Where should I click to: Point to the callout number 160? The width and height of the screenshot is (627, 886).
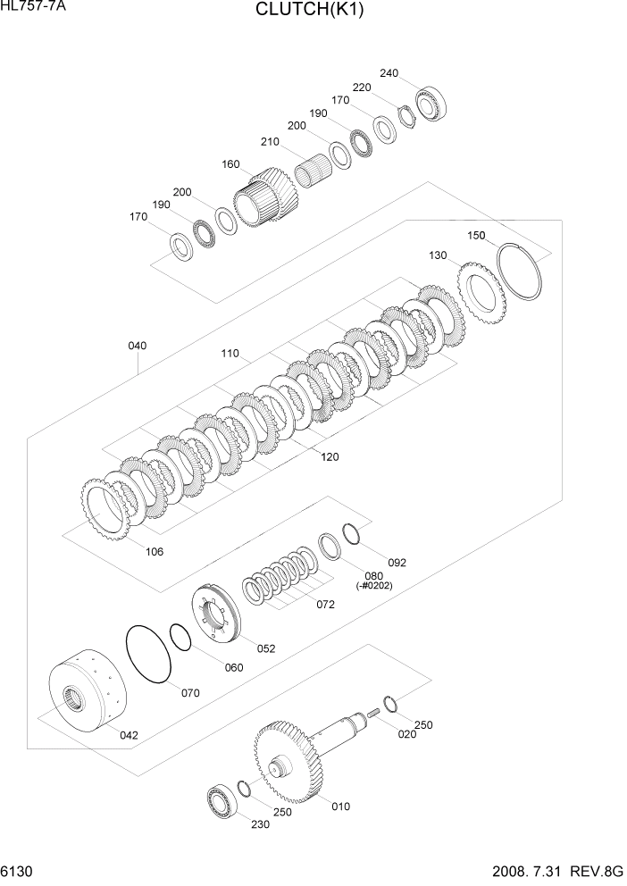231,164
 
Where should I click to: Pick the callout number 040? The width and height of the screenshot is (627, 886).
138,346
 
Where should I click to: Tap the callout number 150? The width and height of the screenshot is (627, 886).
476,236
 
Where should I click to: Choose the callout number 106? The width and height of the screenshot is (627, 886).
155,551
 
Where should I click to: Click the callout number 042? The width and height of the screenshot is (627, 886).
130,735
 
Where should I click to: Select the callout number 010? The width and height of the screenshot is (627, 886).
340,807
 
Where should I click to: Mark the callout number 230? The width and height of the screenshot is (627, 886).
260,824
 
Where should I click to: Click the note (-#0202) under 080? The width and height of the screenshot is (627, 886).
374,585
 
